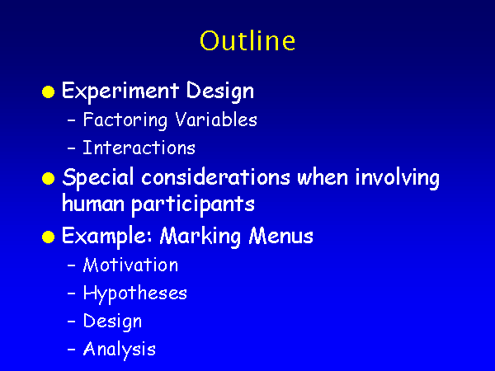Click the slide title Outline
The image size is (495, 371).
click(247, 40)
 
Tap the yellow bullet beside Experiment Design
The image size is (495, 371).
click(49, 92)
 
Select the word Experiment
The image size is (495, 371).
click(120, 92)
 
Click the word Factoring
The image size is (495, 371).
click(125, 120)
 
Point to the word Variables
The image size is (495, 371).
click(216, 120)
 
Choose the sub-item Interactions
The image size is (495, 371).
click(139, 148)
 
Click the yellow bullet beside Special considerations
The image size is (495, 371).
click(49, 179)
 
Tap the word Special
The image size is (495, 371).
click(98, 178)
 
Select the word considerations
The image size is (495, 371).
click(215, 177)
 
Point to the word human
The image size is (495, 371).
click(93, 203)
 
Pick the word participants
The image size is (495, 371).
click(193, 205)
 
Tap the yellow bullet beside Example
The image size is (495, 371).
click(49, 237)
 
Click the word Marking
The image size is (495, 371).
click(200, 237)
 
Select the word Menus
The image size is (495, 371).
click(281, 235)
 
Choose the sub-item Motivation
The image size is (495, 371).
click(130, 265)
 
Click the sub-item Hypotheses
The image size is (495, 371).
click(134, 294)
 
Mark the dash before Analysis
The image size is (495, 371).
click(72, 349)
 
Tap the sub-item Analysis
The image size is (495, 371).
click(120, 350)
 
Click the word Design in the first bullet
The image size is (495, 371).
click(220, 92)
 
